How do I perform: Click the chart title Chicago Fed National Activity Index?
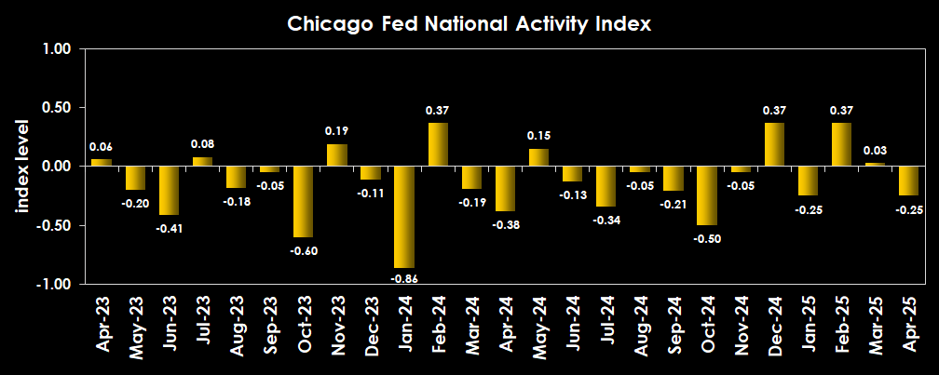(469, 24)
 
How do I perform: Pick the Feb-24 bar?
(438, 144)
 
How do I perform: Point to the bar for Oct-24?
(706, 195)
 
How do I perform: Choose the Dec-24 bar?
(774, 144)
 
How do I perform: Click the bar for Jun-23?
(169, 190)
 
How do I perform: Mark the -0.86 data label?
(403, 277)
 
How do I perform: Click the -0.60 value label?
(303, 250)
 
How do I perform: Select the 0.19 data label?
(337, 131)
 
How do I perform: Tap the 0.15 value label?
(538, 136)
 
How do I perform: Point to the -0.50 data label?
(707, 237)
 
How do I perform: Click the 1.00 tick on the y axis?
(58, 48)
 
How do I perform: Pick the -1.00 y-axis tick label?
(55, 283)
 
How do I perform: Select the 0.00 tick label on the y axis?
(58, 166)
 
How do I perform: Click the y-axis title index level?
(22, 166)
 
